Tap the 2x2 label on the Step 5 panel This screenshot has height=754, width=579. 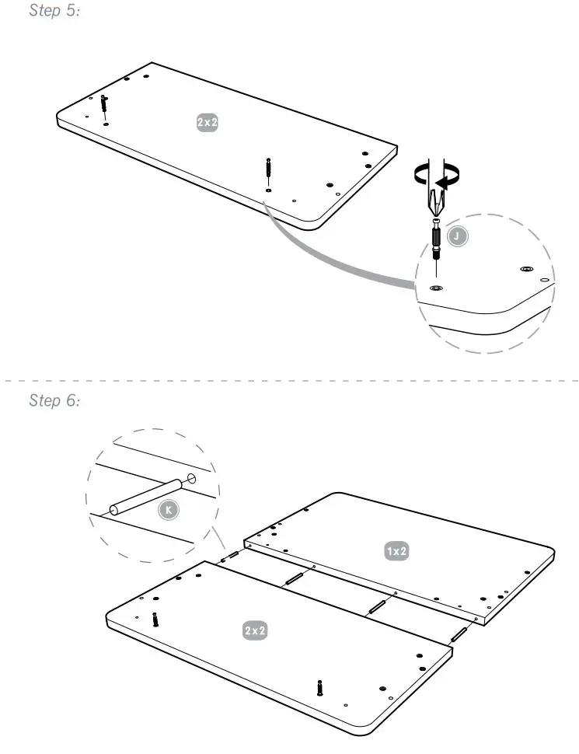click(x=207, y=122)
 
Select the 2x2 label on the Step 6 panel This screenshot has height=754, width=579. click(x=255, y=630)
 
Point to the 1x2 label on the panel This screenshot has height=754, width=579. click(x=397, y=551)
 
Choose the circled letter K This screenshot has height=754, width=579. click(x=167, y=510)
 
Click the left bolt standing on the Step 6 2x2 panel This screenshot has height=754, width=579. click(x=156, y=619)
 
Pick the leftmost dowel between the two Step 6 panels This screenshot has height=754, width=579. click(x=230, y=556)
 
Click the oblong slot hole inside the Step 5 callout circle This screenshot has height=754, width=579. click(x=526, y=269)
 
